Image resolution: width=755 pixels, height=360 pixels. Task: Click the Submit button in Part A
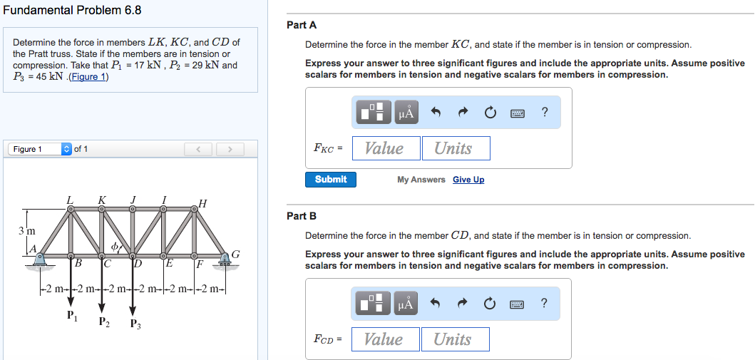(x=331, y=180)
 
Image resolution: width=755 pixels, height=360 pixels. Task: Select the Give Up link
(x=468, y=180)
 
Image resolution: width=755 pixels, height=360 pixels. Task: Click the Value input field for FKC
(x=384, y=148)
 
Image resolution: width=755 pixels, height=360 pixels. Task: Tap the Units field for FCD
(x=454, y=339)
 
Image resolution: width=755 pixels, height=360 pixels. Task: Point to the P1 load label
(x=71, y=315)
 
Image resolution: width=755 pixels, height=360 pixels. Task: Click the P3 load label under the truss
(x=135, y=324)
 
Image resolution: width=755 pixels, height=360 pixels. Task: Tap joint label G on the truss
(x=235, y=254)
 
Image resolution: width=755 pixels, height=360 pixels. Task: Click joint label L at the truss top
(x=70, y=199)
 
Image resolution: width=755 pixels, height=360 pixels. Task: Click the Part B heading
(x=301, y=215)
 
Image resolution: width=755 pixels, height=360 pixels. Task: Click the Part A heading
(x=301, y=25)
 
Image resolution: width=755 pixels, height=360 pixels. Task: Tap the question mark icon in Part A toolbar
(x=545, y=112)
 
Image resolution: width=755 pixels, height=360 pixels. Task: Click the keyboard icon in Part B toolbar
(x=518, y=304)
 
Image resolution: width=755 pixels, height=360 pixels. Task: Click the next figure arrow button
(x=230, y=149)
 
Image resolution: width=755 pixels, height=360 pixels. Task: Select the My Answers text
(x=421, y=180)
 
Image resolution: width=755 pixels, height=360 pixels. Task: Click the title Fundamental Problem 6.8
(x=72, y=10)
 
